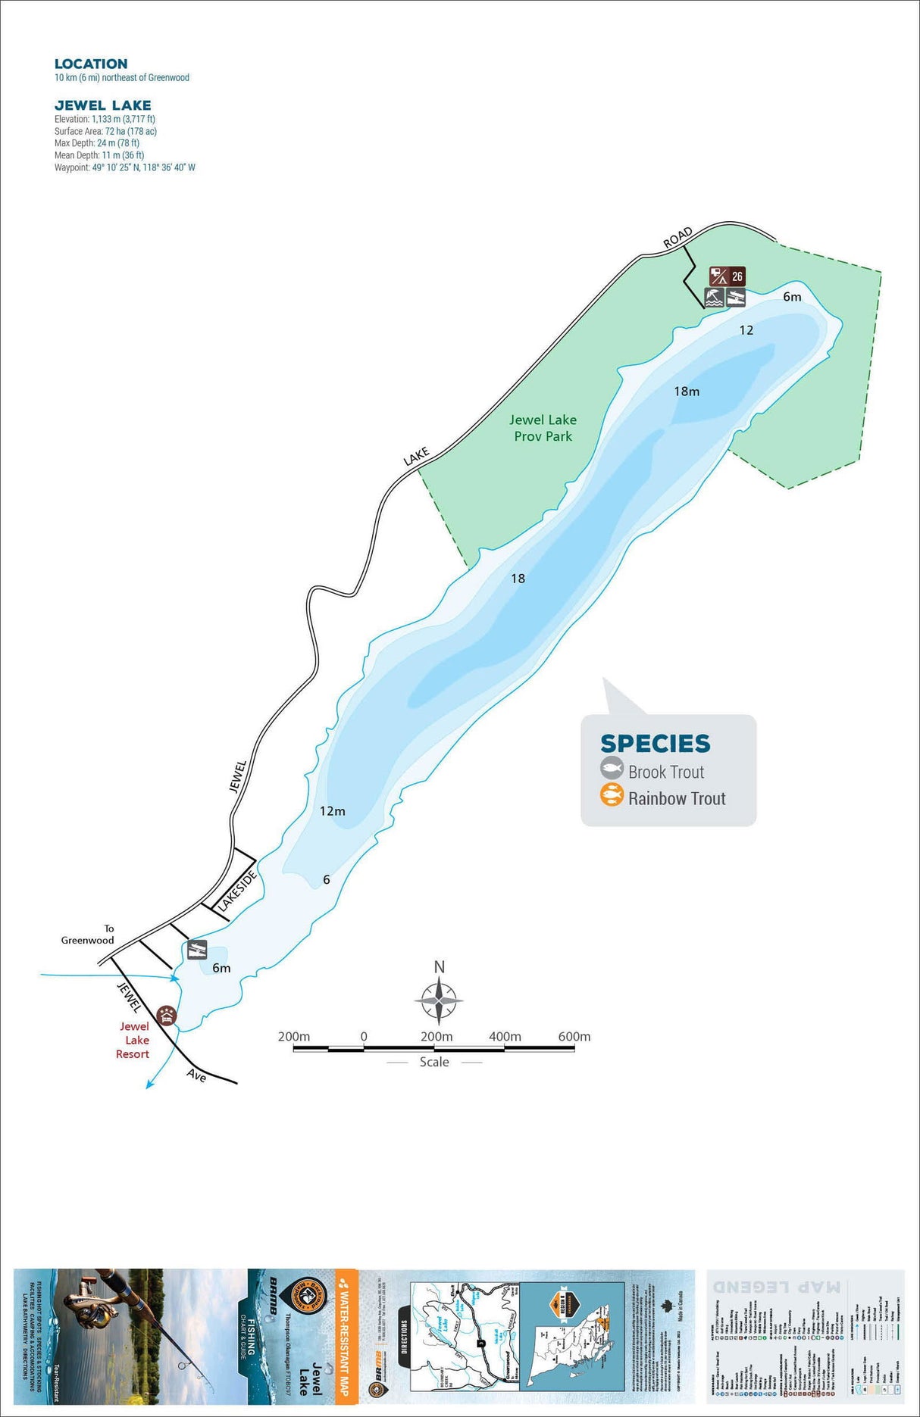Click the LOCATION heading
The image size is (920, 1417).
coord(91,64)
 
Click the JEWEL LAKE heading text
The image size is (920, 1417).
coord(102,105)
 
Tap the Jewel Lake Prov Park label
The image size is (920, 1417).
coord(543,428)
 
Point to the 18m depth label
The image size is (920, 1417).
coord(687,392)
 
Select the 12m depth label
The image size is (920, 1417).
coord(332,811)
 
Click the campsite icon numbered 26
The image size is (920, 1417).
coord(727,276)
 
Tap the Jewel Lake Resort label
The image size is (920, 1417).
coord(133,1040)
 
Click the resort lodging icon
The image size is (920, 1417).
coord(166,1016)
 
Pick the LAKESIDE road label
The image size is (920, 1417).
coord(237,891)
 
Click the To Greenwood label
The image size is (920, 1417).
coord(89,935)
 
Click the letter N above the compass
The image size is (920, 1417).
coord(440,967)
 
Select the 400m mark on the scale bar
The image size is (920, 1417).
coord(505,1037)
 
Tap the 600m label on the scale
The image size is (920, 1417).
coord(574,1037)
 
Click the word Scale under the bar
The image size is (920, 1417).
coord(434,1063)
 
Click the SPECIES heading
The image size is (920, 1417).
coord(656,744)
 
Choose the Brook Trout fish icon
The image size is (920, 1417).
coord(612,769)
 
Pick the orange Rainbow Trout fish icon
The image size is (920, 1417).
coord(612,796)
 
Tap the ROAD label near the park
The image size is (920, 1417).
coord(677,237)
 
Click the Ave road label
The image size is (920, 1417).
coord(196,1075)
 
